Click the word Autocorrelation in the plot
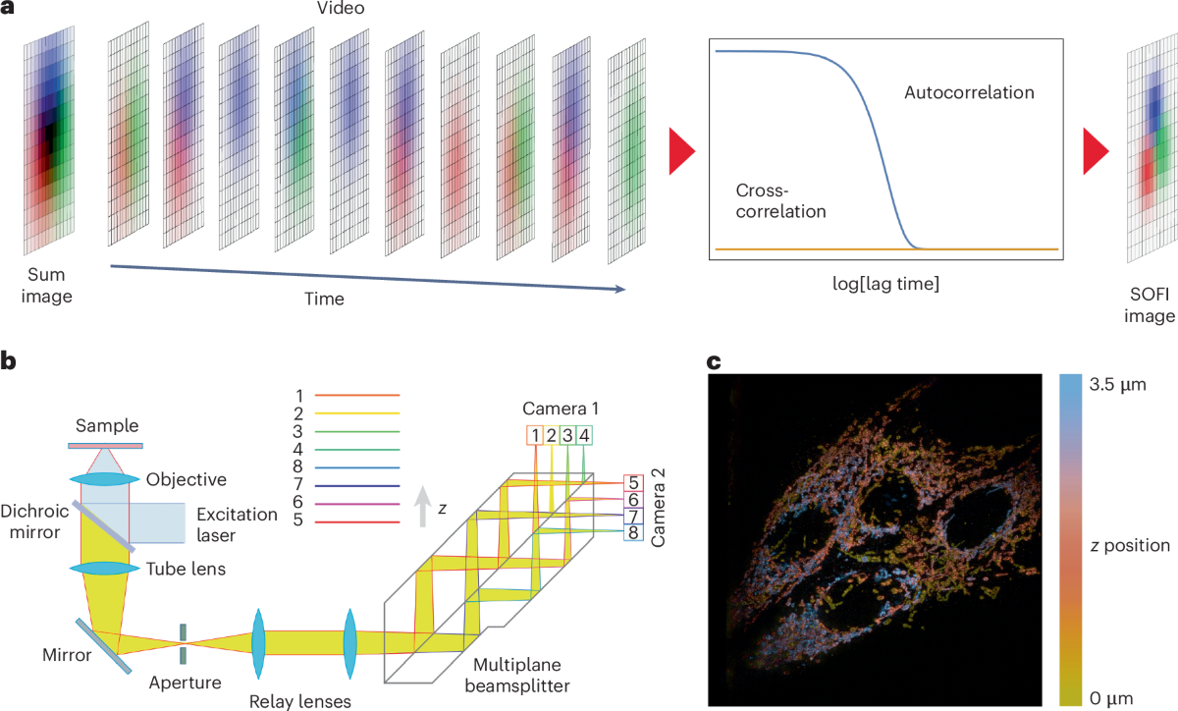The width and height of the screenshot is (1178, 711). (x=969, y=93)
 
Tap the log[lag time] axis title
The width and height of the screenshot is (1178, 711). (x=883, y=285)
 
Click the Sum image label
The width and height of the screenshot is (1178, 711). (x=46, y=286)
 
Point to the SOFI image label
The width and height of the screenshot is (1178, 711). (x=1150, y=305)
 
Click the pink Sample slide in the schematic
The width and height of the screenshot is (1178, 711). (x=106, y=446)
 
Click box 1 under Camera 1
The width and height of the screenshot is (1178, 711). (x=535, y=435)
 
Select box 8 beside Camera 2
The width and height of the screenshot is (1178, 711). (x=633, y=532)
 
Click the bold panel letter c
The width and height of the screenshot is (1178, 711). (x=716, y=362)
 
